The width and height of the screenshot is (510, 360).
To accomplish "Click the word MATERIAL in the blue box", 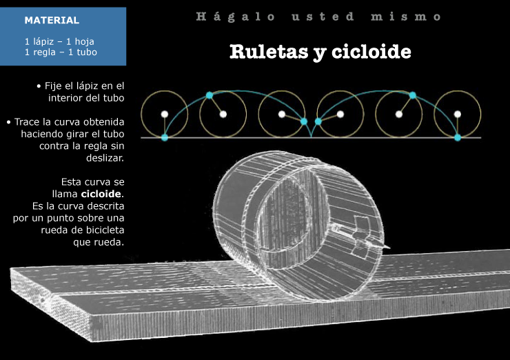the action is coord(52,20).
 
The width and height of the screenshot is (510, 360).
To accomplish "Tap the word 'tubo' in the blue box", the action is coord(87,52).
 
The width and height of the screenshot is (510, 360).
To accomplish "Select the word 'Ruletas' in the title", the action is coord(269,52).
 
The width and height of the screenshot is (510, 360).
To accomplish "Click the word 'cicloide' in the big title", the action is coord(371,52).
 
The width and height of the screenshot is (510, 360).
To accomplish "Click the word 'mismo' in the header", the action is coord(406,17).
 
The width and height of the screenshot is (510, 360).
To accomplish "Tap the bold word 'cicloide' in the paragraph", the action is coord(101,194).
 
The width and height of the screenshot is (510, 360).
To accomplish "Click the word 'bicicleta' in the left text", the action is coord(105,230).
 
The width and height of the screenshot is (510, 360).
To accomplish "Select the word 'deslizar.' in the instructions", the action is coord(105,158).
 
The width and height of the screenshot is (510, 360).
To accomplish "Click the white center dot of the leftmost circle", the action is coord(165,114).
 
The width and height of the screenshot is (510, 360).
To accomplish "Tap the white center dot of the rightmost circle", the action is coord(458,114).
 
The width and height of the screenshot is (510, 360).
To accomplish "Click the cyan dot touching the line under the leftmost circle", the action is coord(165,137).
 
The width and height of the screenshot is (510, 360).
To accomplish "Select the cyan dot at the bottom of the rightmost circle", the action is coord(458,137).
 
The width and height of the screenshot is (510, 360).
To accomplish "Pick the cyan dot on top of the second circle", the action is coord(210,95).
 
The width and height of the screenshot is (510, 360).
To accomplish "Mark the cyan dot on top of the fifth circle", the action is coord(412,95).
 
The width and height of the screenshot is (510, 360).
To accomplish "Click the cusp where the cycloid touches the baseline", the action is coord(312,137).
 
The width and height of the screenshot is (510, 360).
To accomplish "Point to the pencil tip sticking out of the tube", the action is coord(388,248).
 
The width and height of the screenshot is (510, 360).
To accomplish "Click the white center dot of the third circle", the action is coord(282,114).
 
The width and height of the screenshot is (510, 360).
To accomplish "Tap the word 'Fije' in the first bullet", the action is coord(53,86).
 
